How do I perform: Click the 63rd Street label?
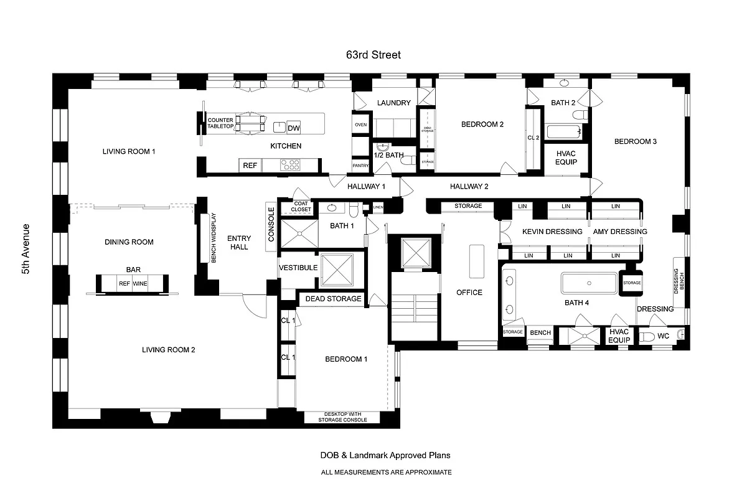[374, 55]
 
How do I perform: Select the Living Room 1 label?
[129, 151]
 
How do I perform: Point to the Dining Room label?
[129, 242]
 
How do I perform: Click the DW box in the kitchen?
[294, 128]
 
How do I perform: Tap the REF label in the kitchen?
[250, 166]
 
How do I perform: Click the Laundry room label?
[393, 103]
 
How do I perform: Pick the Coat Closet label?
[301, 207]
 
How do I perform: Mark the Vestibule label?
[298, 268]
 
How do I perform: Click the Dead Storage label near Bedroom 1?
[333, 299]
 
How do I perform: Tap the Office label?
[469, 293]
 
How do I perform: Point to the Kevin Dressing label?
[552, 232]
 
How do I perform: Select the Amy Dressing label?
[619, 232]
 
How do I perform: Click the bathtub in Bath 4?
[589, 283]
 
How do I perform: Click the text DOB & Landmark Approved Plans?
[385, 456]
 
